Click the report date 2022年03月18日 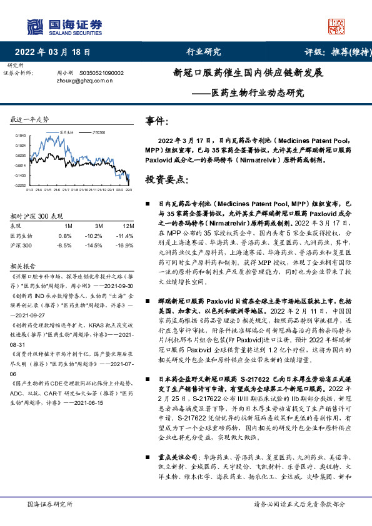pyautogui.click(x=56, y=52)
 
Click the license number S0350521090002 pyautogui.click(x=102, y=73)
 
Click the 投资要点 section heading pyautogui.click(x=166, y=180)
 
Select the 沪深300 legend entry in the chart pyautogui.click(x=98, y=133)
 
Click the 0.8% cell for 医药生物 pyautogui.click(x=65, y=236)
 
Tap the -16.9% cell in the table pyautogui.click(x=125, y=246)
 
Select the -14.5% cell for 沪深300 pyautogui.click(x=94, y=246)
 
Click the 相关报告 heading pyautogui.click(x=25, y=265)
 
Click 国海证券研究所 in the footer pyautogui.click(x=51, y=504)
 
